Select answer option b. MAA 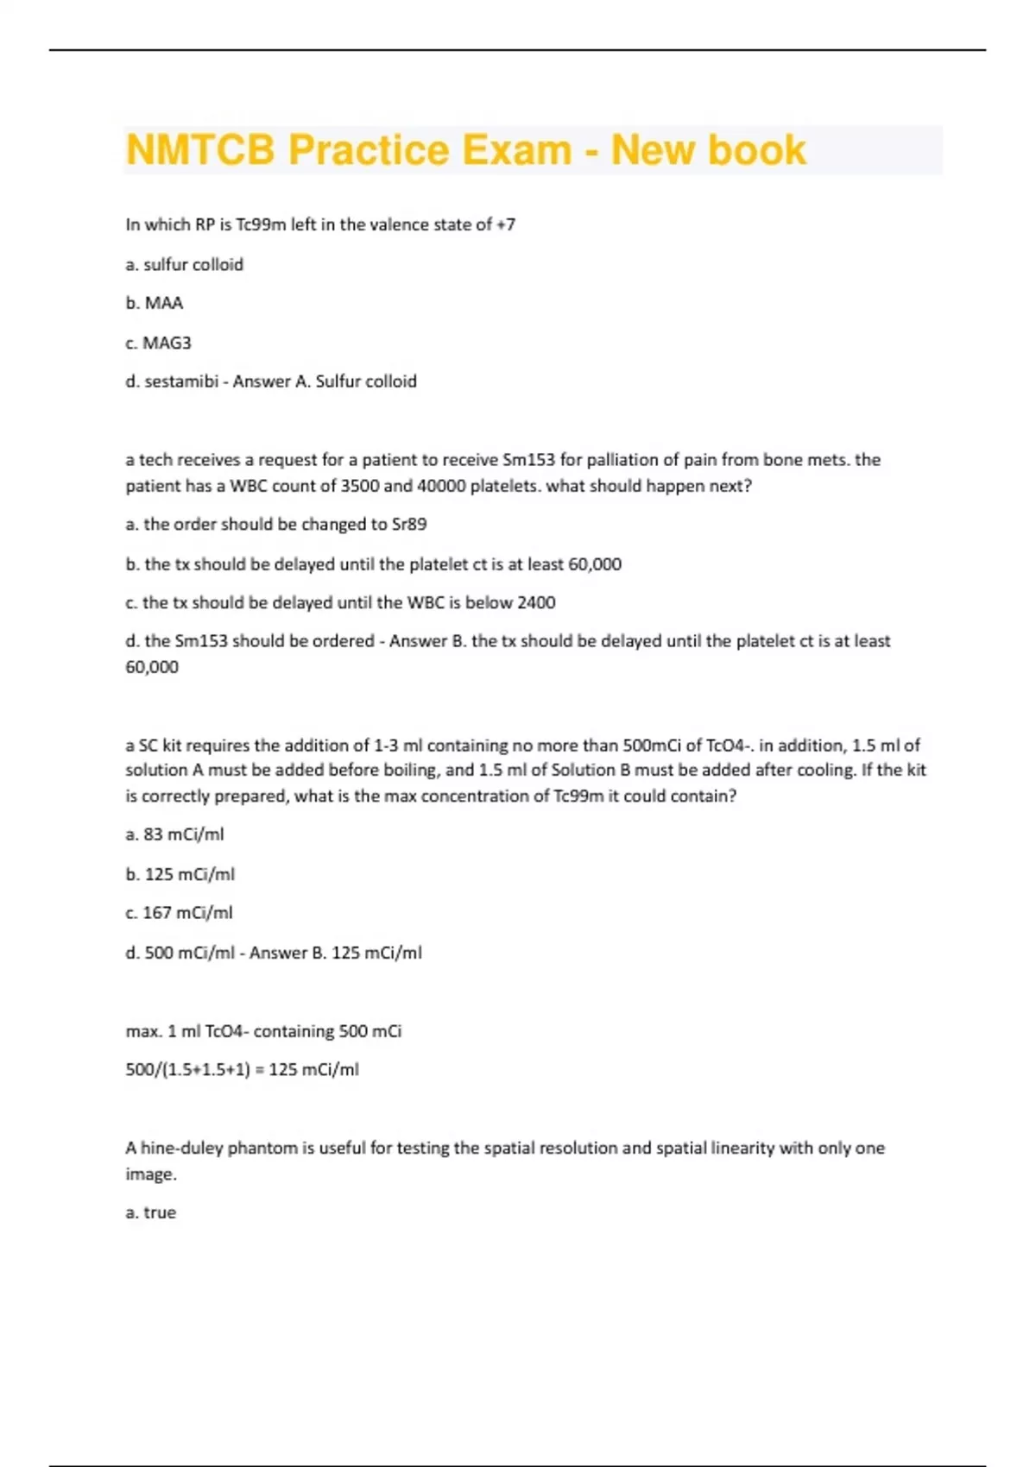click(x=155, y=303)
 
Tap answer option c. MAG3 click(x=158, y=343)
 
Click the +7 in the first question click(x=506, y=224)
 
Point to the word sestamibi click(x=180, y=381)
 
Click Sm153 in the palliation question click(x=528, y=460)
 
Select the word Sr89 click(x=409, y=525)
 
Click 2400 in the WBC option click(x=535, y=602)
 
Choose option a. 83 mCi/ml click(x=174, y=834)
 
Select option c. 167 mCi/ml click(x=179, y=913)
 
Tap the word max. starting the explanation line click(x=142, y=1031)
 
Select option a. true click(x=151, y=1212)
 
